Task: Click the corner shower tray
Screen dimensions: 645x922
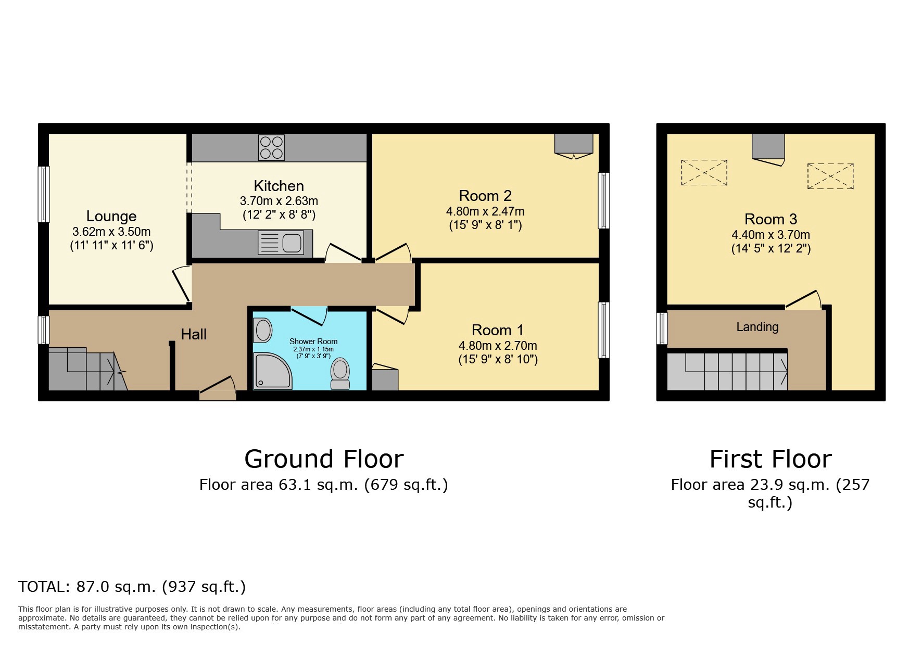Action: tap(272, 371)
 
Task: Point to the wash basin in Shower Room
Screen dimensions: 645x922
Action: tap(263, 330)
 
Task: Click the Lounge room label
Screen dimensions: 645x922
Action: tap(111, 216)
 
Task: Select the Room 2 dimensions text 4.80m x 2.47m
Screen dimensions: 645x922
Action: tap(485, 211)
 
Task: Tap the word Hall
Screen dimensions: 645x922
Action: tap(194, 334)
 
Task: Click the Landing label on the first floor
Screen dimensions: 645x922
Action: tap(757, 327)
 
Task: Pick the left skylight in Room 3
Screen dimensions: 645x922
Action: tap(704, 172)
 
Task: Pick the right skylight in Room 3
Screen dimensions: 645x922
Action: tap(830, 176)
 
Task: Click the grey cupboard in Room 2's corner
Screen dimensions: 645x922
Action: tap(573, 143)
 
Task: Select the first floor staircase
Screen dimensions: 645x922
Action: tap(727, 371)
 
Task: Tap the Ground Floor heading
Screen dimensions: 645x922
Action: tap(324, 459)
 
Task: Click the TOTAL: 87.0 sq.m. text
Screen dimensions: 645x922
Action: tap(132, 587)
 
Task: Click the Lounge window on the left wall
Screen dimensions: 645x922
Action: tap(44, 194)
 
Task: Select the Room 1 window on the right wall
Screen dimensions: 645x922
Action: tap(603, 330)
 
